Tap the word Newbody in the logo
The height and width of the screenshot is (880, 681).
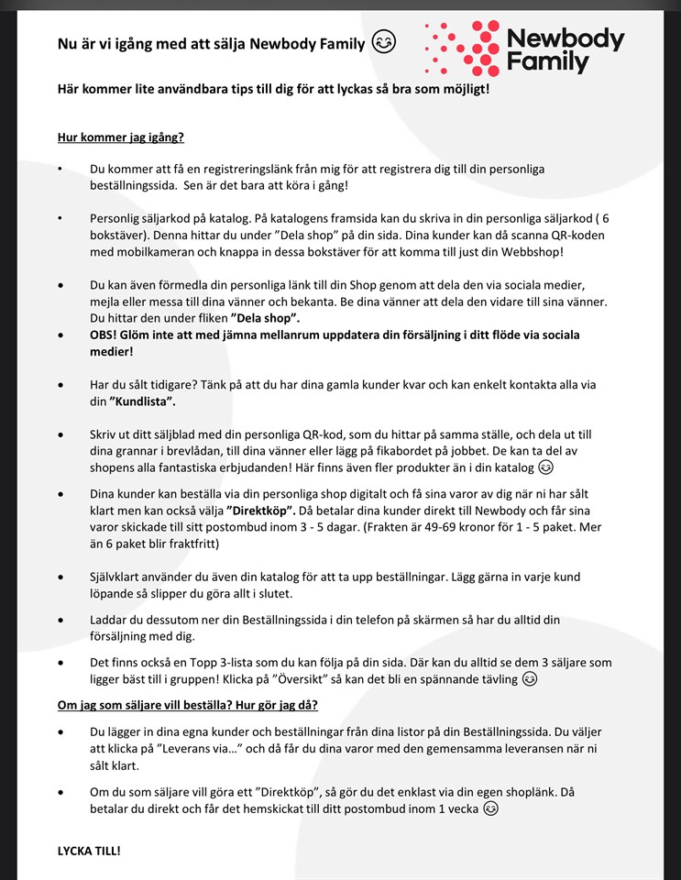coord(566,39)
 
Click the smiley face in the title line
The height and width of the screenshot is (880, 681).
coord(383,43)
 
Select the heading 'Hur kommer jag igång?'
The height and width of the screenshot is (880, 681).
coord(121,138)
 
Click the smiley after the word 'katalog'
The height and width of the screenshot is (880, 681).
coord(546,467)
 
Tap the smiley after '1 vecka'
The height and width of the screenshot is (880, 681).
coord(491,808)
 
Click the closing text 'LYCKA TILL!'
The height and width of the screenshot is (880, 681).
coord(89,851)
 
